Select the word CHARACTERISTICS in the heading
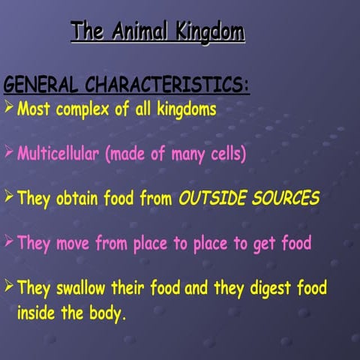(x=167, y=85)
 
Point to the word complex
(x=82, y=109)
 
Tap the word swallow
(x=83, y=287)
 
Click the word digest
(x=268, y=288)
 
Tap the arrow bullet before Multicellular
(x=8, y=154)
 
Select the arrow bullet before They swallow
(x=8, y=286)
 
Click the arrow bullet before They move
(x=8, y=242)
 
